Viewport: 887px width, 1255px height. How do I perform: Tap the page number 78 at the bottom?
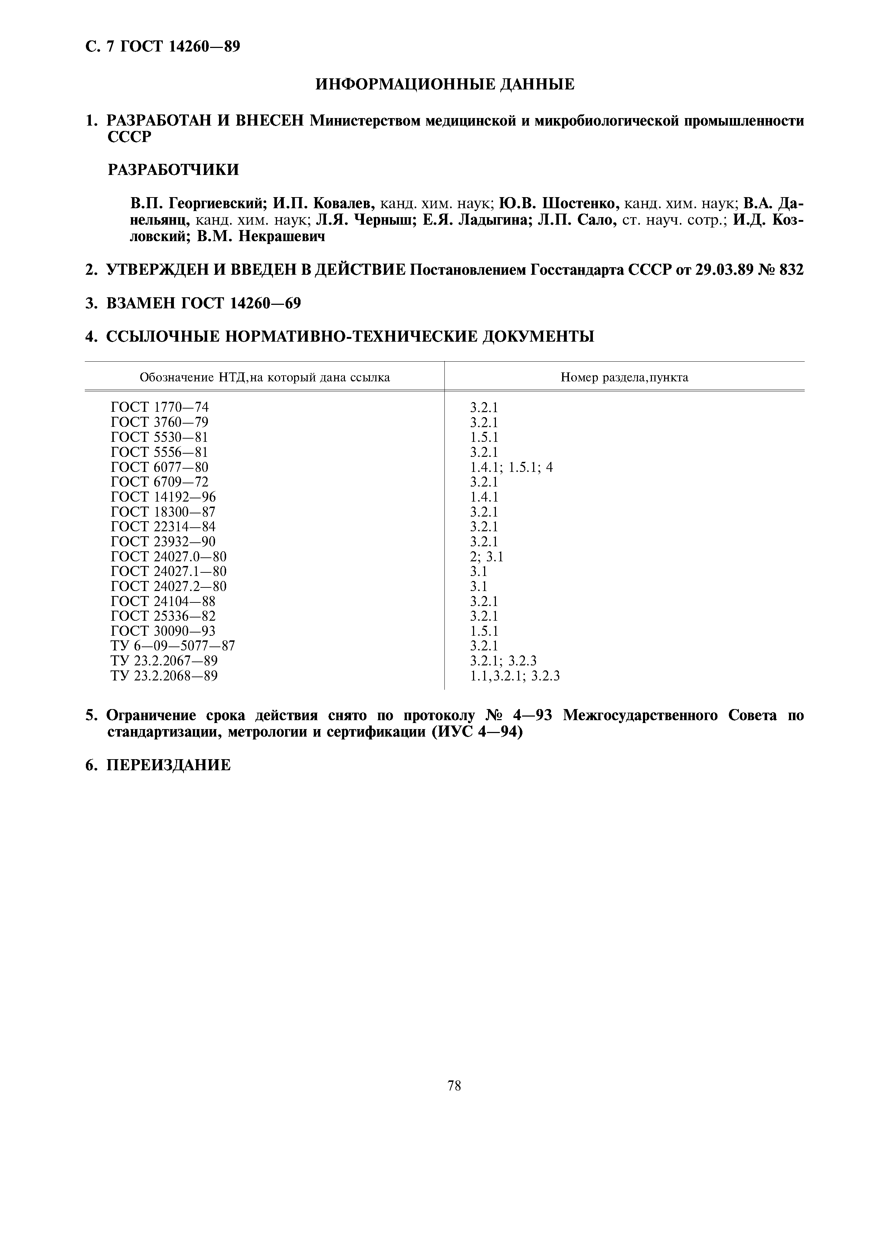tap(454, 1085)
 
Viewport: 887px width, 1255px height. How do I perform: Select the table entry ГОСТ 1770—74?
tap(160, 407)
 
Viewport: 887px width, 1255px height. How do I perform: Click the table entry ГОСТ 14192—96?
tap(164, 497)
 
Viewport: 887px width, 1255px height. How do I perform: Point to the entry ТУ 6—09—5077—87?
tap(173, 646)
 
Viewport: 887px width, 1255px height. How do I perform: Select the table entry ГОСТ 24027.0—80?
tap(168, 556)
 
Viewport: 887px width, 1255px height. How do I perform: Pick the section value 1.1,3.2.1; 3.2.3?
tap(515, 676)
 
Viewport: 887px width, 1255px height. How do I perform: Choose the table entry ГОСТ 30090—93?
tap(164, 631)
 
